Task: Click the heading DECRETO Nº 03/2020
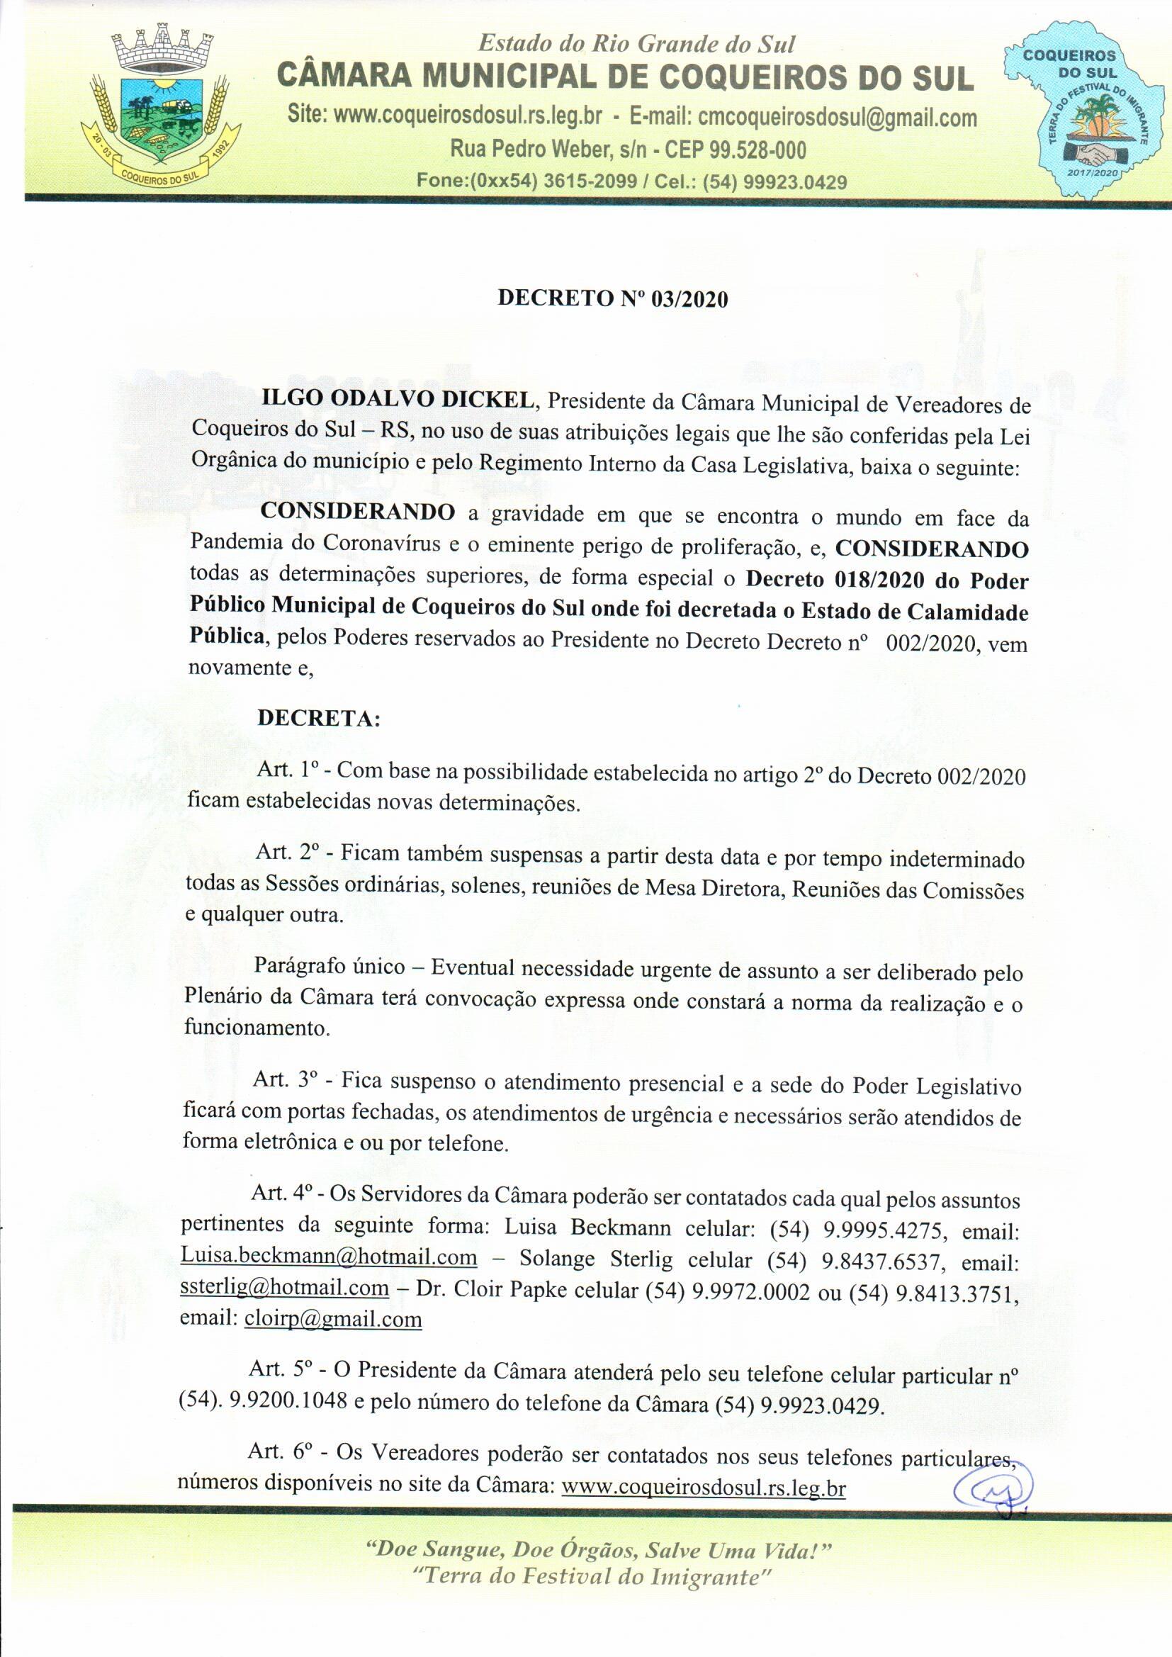(613, 300)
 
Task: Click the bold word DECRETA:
(318, 719)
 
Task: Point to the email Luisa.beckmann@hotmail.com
(328, 1257)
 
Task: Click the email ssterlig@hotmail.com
(284, 1288)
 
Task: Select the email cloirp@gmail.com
(333, 1318)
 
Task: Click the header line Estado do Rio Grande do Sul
(636, 45)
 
